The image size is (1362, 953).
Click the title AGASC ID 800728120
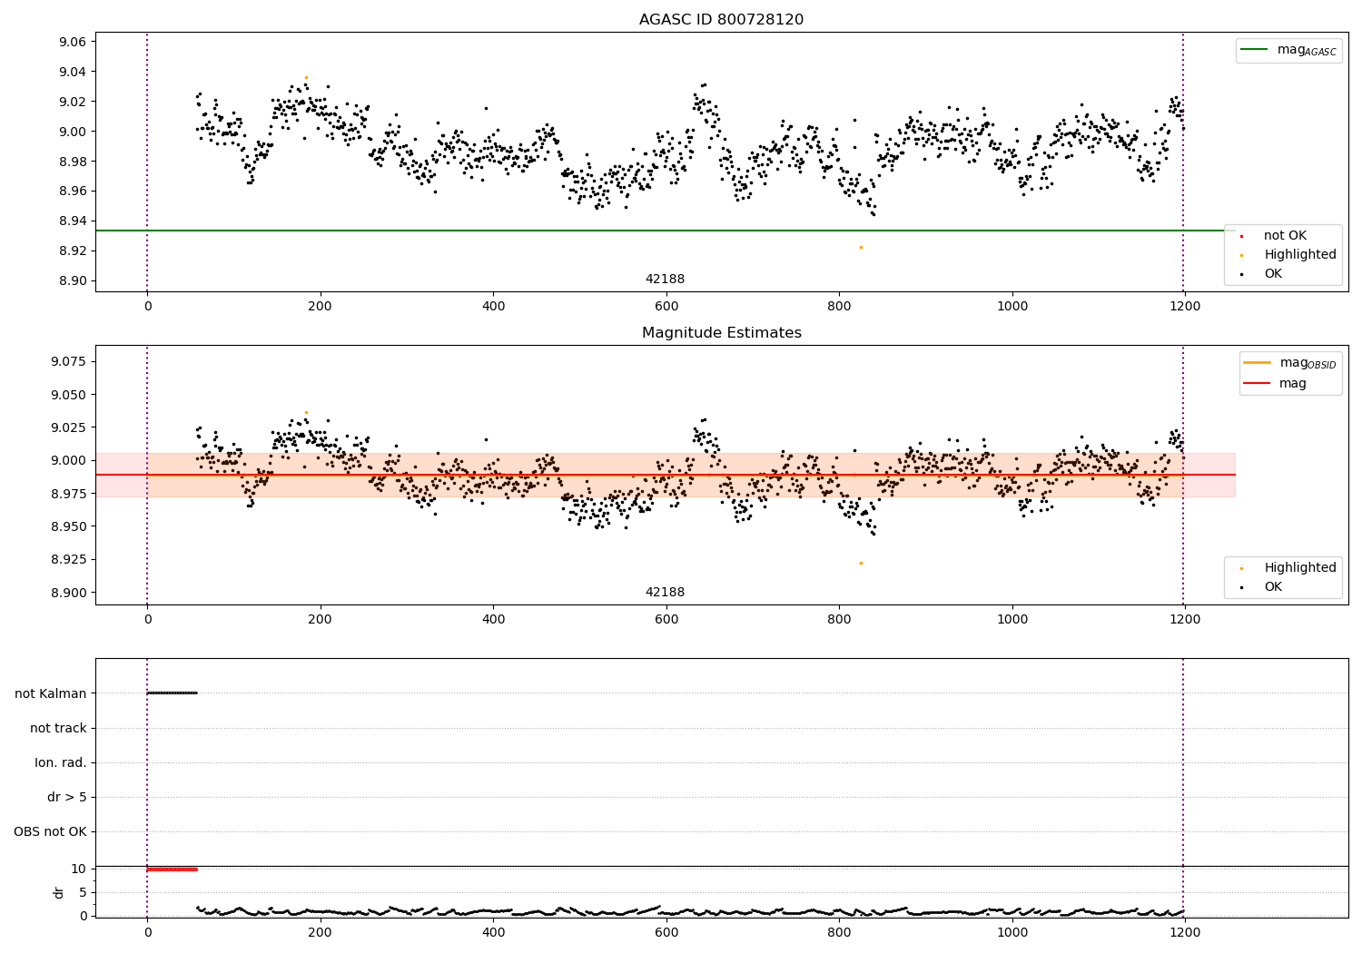click(x=721, y=20)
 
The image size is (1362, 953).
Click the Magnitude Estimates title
click(x=721, y=333)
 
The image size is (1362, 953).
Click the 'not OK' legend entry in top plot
click(x=1284, y=236)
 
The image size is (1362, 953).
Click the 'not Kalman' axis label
click(x=51, y=693)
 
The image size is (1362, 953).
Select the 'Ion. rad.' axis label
click(x=61, y=762)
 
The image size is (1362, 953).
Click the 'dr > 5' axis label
click(x=67, y=797)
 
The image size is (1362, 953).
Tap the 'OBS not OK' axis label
click(x=51, y=831)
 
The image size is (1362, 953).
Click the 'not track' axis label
click(x=58, y=728)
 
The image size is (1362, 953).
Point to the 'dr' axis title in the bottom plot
click(x=59, y=892)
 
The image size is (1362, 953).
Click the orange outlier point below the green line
click(x=861, y=247)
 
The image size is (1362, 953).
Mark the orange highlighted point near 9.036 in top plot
click(x=306, y=78)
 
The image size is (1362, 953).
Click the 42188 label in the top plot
click(x=665, y=280)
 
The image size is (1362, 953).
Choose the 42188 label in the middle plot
click(x=665, y=593)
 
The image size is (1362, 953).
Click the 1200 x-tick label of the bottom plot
click(x=1185, y=933)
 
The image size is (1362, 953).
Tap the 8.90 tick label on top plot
click(x=73, y=280)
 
